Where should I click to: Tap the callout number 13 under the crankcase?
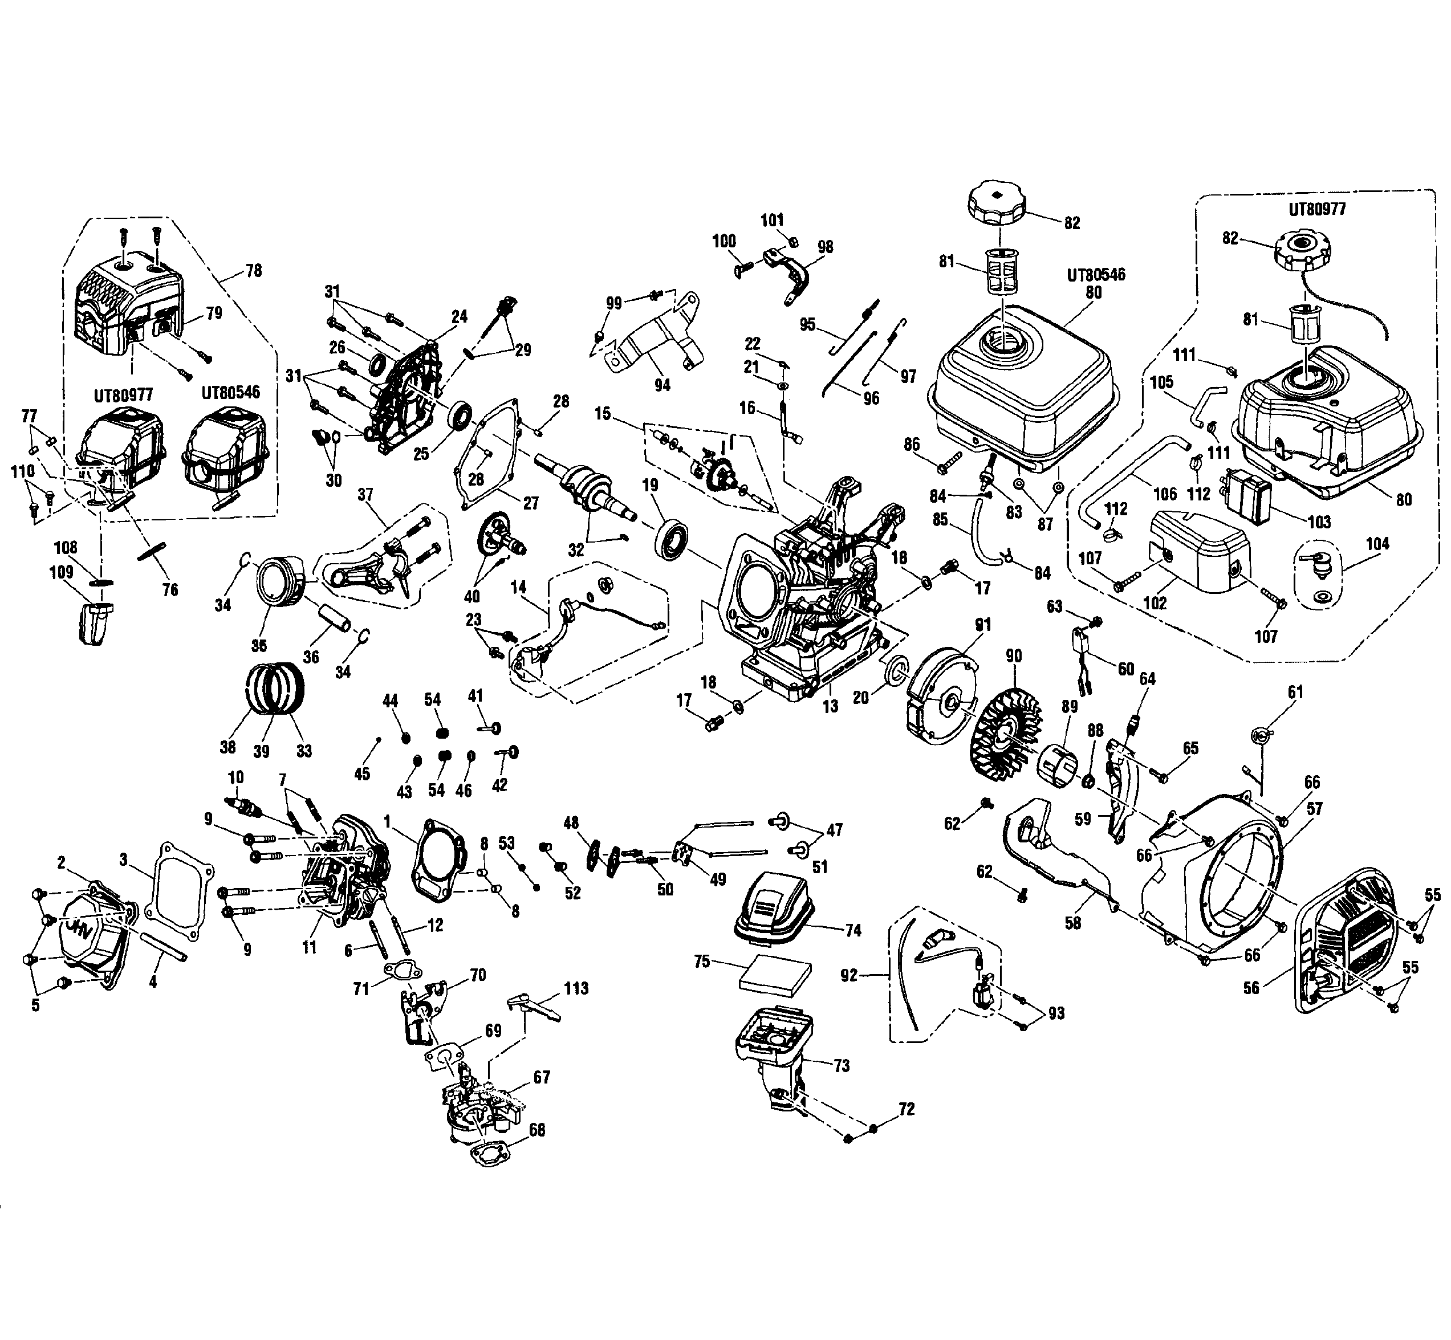[x=830, y=706]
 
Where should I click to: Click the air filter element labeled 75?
[x=774, y=975]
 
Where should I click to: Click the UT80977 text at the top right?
[x=1317, y=210]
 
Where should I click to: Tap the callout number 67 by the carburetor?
[x=542, y=1077]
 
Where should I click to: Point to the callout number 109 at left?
[x=62, y=572]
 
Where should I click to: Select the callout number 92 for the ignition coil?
[x=848, y=975]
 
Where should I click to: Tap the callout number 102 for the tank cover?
[x=1155, y=602]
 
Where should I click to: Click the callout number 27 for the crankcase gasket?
[x=531, y=503]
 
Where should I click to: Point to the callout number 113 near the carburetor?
[x=576, y=988]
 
